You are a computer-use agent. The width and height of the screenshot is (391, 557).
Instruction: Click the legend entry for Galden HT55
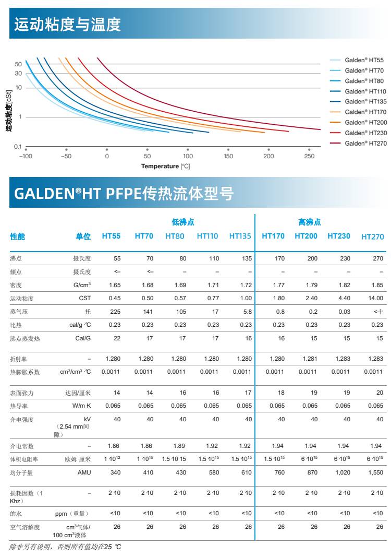click(x=364, y=60)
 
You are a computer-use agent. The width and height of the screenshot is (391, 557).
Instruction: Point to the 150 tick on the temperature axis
click(x=228, y=156)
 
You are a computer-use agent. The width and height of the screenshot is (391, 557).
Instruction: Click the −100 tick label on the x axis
click(x=26, y=156)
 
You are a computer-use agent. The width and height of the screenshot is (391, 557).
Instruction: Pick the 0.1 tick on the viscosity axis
click(x=18, y=147)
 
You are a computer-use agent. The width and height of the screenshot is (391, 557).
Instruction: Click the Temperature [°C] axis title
click(x=165, y=166)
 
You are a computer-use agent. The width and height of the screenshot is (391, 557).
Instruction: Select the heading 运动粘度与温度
click(x=68, y=25)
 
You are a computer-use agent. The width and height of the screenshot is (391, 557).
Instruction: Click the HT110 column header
click(x=207, y=236)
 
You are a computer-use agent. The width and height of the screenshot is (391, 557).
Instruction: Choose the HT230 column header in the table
click(x=339, y=236)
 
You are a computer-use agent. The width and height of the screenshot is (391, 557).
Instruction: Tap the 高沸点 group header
click(x=309, y=222)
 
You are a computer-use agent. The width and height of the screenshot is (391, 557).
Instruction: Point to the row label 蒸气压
click(x=19, y=312)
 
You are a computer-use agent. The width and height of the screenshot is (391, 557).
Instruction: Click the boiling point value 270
click(x=378, y=258)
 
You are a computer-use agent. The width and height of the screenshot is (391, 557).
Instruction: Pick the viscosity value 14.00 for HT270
click(x=375, y=298)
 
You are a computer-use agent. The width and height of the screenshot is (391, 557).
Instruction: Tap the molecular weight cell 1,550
click(x=375, y=472)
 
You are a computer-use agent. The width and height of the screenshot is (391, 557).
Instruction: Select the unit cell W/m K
click(x=81, y=406)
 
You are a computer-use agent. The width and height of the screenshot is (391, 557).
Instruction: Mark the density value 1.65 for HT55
click(x=115, y=285)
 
